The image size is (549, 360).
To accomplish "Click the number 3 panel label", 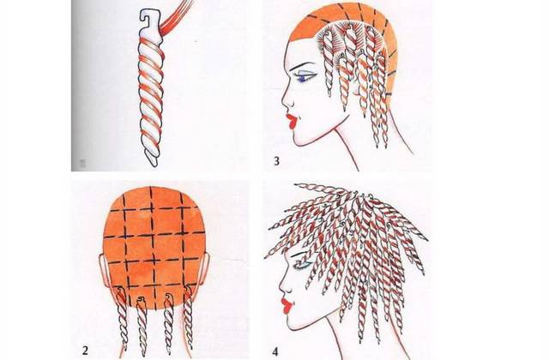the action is point(276,161).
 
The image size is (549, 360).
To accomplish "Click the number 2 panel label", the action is point(85,351).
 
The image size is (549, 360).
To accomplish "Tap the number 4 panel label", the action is point(275,351).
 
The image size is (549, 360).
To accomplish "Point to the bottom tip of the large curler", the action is point(154,162).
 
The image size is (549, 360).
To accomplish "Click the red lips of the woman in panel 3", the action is point(292,121).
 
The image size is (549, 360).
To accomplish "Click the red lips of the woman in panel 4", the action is point(287,305).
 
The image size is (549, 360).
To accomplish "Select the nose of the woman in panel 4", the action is point(284,285).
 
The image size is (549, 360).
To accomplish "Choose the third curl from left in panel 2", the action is point(168,324).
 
